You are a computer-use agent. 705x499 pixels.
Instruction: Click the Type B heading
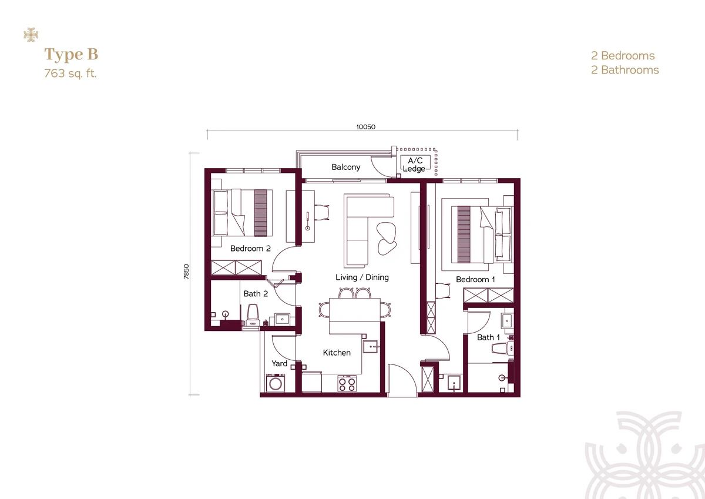pyautogui.click(x=71, y=55)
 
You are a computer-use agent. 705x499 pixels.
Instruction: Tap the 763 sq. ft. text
pyautogui.click(x=70, y=73)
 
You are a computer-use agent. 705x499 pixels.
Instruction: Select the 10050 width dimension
pyautogui.click(x=365, y=127)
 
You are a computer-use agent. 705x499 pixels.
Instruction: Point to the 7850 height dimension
pyautogui.click(x=186, y=272)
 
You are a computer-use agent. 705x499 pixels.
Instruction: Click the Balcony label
pyautogui.click(x=346, y=167)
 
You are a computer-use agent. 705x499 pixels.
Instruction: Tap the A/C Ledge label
pyautogui.click(x=414, y=165)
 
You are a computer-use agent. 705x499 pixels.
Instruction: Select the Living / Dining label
pyautogui.click(x=362, y=277)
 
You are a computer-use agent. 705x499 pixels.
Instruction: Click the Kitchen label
pyautogui.click(x=337, y=353)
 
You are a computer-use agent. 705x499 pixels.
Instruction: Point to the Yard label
pyautogui.click(x=280, y=364)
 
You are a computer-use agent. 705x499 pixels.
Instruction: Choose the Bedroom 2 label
pyautogui.click(x=250, y=249)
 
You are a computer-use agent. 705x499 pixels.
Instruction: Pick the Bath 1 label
pyautogui.click(x=488, y=337)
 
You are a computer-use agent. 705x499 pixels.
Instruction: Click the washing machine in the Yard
pyautogui.click(x=276, y=383)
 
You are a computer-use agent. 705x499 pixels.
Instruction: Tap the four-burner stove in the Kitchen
pyautogui.click(x=347, y=384)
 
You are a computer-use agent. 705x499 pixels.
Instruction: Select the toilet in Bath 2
pyautogui.click(x=253, y=314)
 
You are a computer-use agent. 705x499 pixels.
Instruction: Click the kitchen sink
pyautogui.click(x=370, y=347)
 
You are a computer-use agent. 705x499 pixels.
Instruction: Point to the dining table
pyautogui.click(x=355, y=310)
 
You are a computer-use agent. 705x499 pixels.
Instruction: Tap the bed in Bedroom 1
pyautogui.click(x=481, y=235)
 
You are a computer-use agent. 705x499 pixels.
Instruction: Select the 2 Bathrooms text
pyautogui.click(x=625, y=70)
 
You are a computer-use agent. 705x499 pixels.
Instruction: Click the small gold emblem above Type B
pyautogui.click(x=31, y=35)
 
